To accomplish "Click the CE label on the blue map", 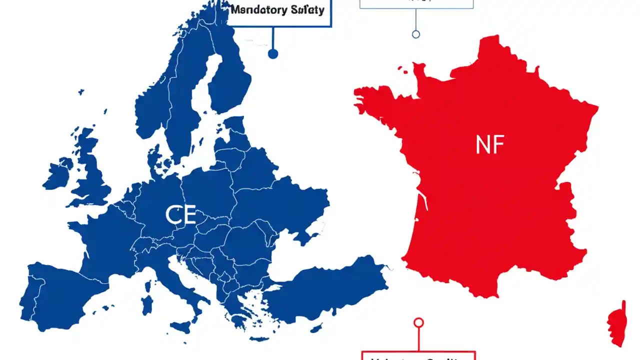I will pos(179,215).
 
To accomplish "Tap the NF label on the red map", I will pos(490,145).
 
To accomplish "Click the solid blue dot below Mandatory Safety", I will pos(272,53).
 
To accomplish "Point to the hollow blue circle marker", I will pos(415,34).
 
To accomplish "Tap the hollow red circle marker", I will pos(419,322).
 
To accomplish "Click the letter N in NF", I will pos(483,145).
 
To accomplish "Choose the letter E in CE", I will pos(188,215).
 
